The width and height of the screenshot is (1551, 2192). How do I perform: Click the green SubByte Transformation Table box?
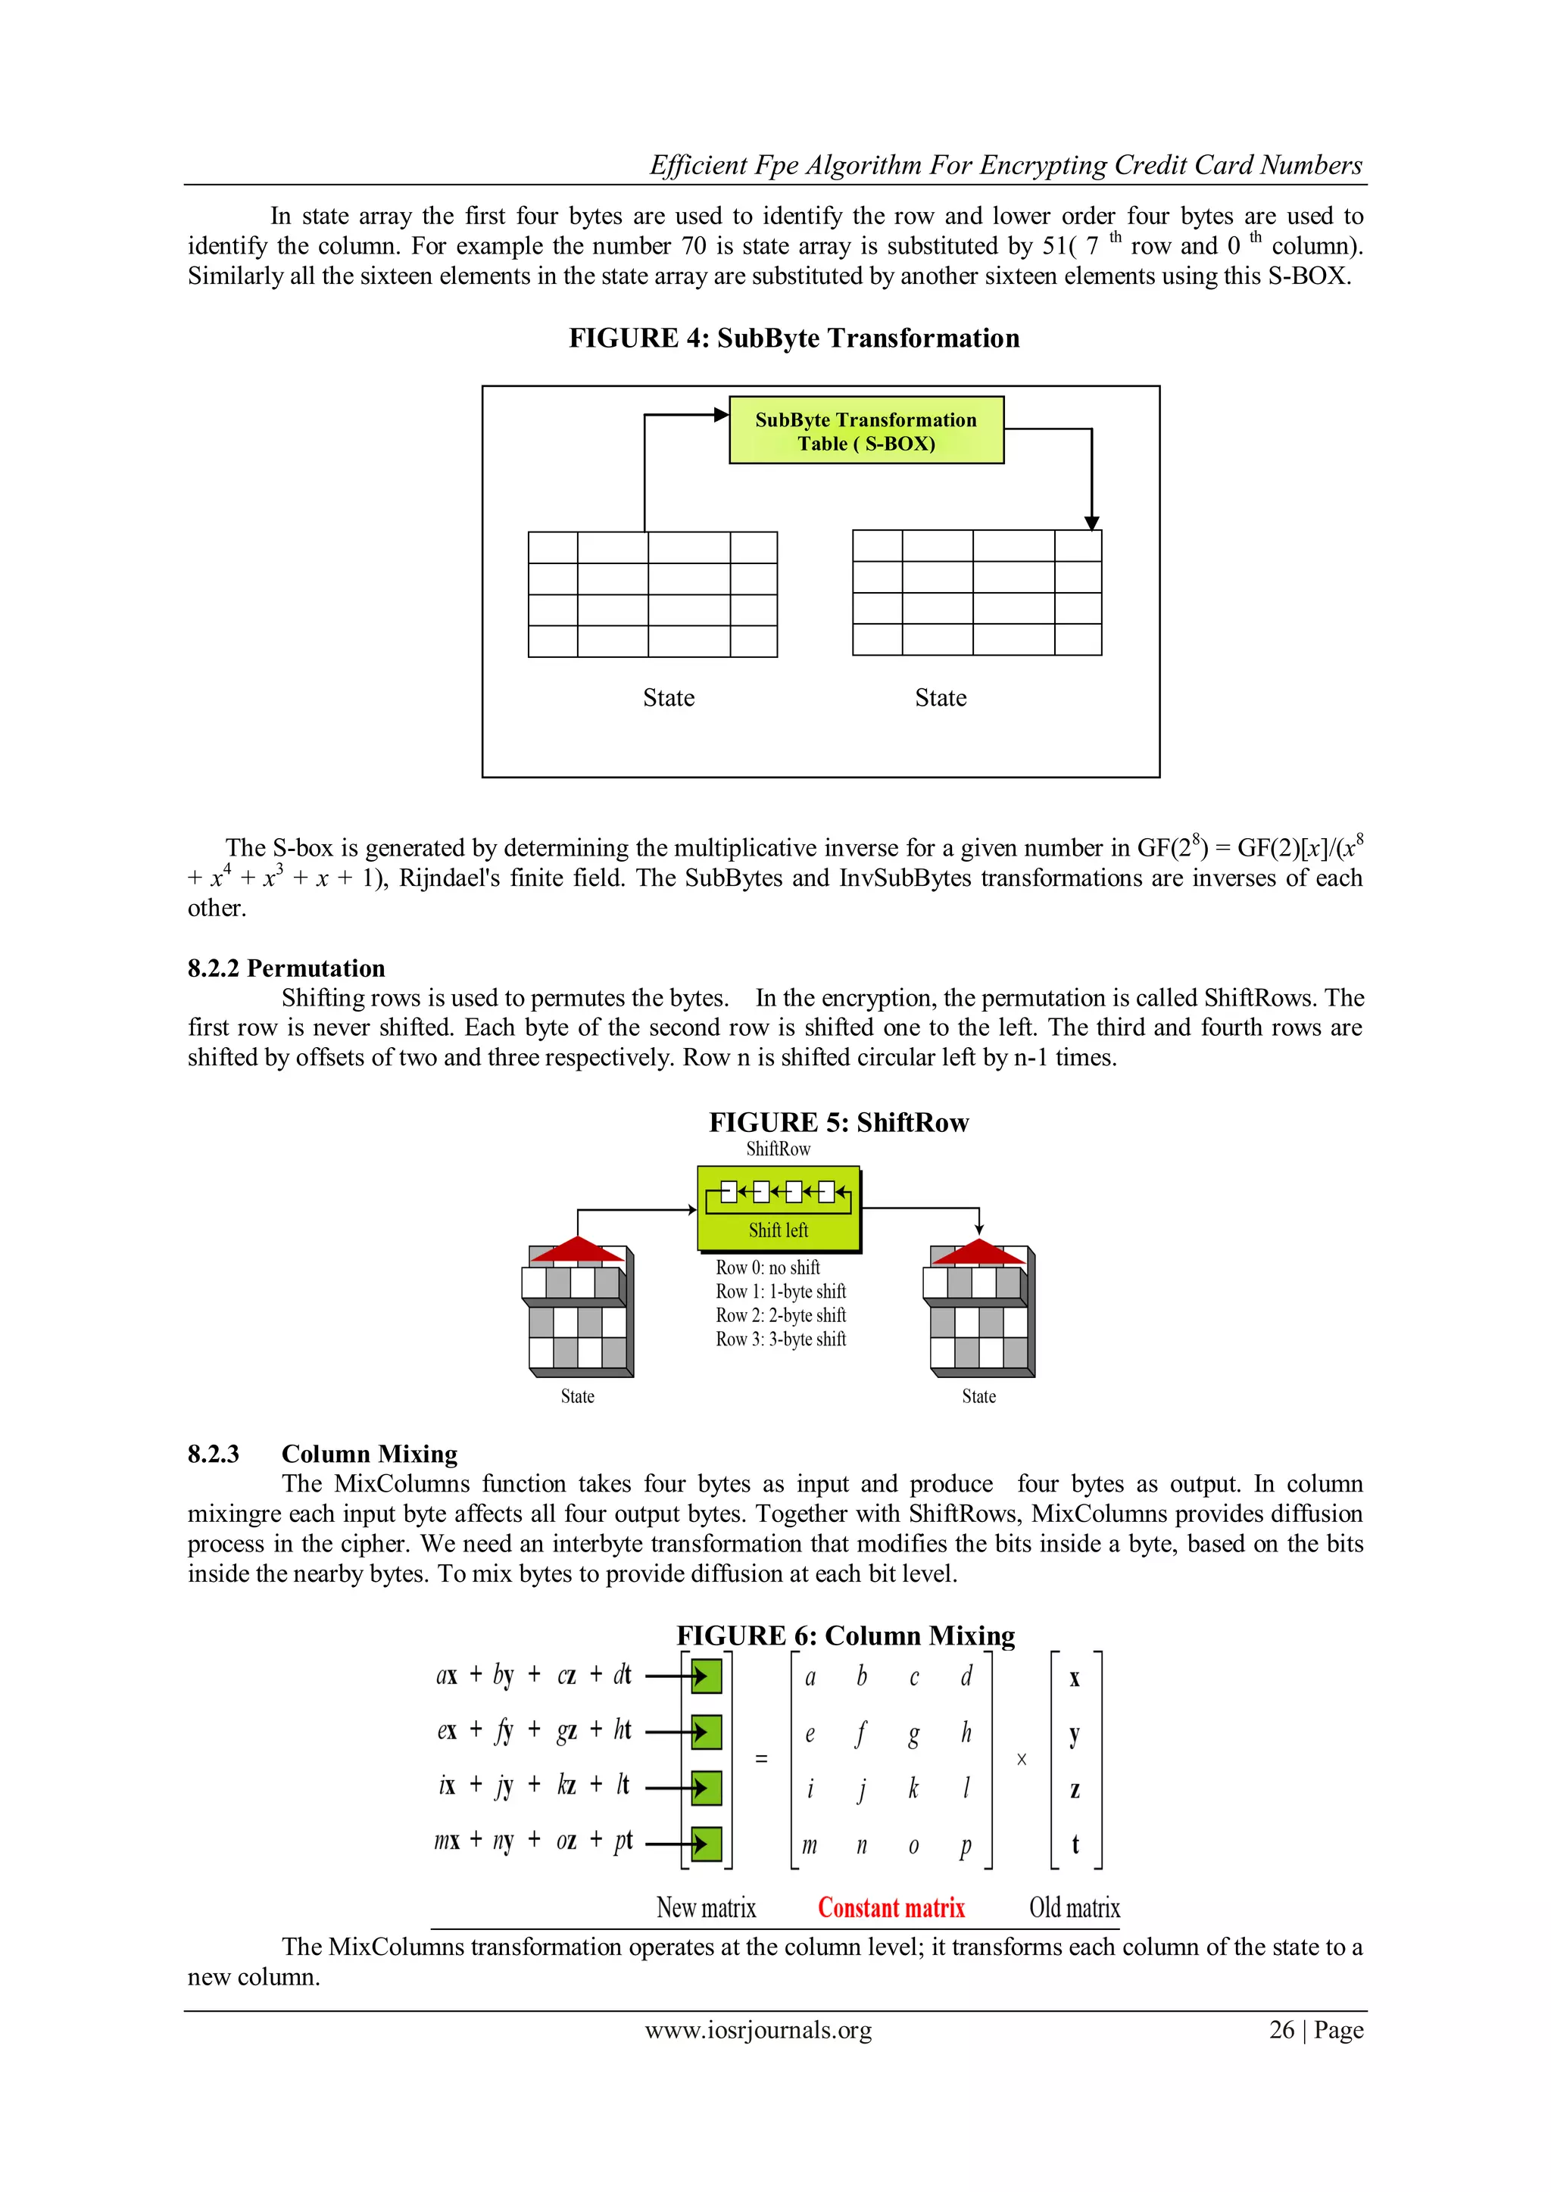(x=866, y=431)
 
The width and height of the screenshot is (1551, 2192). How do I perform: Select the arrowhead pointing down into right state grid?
(x=1091, y=522)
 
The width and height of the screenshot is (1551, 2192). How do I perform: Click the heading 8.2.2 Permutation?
(x=286, y=968)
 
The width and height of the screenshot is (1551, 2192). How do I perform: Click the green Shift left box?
(x=779, y=1210)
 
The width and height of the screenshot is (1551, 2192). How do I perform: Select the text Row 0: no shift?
(x=768, y=1267)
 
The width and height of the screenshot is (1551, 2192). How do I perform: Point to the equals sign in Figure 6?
(x=761, y=1757)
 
